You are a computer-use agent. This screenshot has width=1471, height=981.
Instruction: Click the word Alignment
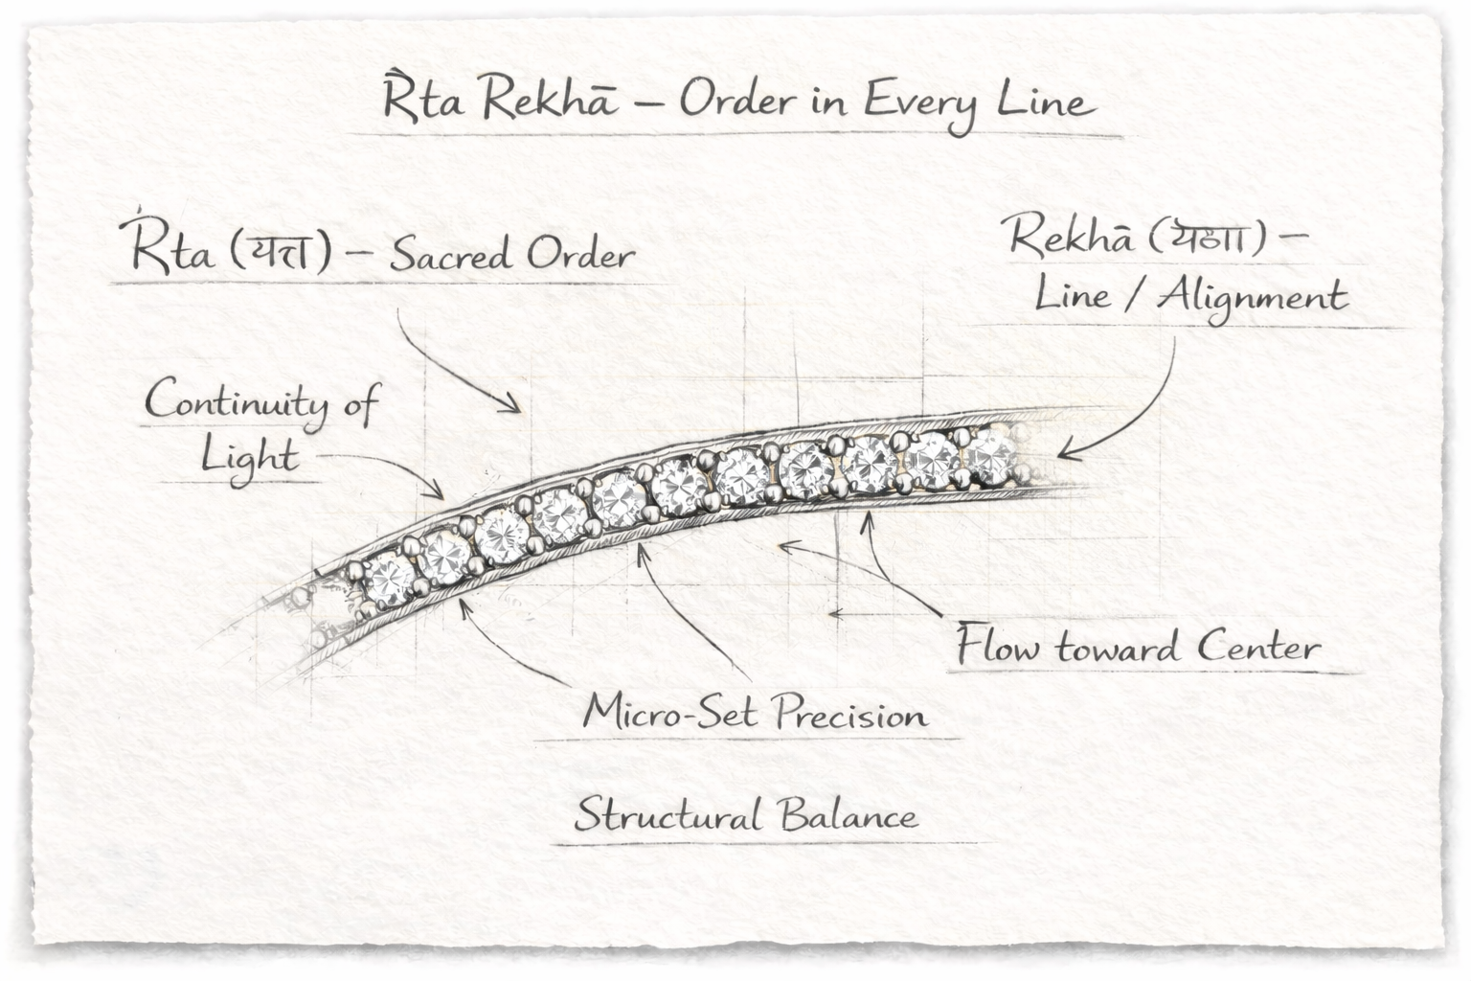pyautogui.click(x=1252, y=298)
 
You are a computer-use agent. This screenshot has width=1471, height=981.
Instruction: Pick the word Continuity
pyautogui.click(x=231, y=402)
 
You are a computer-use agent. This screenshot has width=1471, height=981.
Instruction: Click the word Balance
pyautogui.click(x=847, y=817)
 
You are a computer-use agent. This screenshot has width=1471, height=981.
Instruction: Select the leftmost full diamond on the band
pyautogui.click(x=388, y=577)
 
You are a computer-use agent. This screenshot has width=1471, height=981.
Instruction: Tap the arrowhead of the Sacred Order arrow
pyautogui.click(x=518, y=409)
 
